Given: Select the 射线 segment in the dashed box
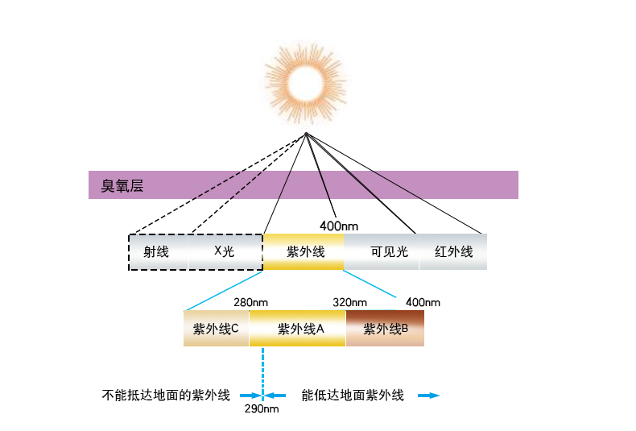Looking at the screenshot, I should [156, 251].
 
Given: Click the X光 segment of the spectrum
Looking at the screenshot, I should [224, 251].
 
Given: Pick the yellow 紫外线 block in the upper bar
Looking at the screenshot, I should [304, 251].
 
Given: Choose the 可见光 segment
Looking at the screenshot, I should [389, 251].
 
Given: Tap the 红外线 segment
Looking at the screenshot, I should [453, 251].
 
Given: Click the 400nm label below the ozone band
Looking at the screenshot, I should [339, 225].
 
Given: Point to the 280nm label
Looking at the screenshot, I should [250, 302].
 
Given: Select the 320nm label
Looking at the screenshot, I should [349, 302].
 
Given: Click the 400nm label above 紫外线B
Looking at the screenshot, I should [423, 302].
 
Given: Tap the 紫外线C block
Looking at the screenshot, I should [216, 329].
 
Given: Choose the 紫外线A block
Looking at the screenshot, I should [299, 329].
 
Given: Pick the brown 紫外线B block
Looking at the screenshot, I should [386, 329].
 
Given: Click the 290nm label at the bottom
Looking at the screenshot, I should [262, 409].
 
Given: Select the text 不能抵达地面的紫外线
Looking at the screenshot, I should [166, 396].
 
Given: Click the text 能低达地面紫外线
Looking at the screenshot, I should [352, 396].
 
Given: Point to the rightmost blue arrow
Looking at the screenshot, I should [429, 396].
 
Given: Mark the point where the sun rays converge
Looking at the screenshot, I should [306, 133].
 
